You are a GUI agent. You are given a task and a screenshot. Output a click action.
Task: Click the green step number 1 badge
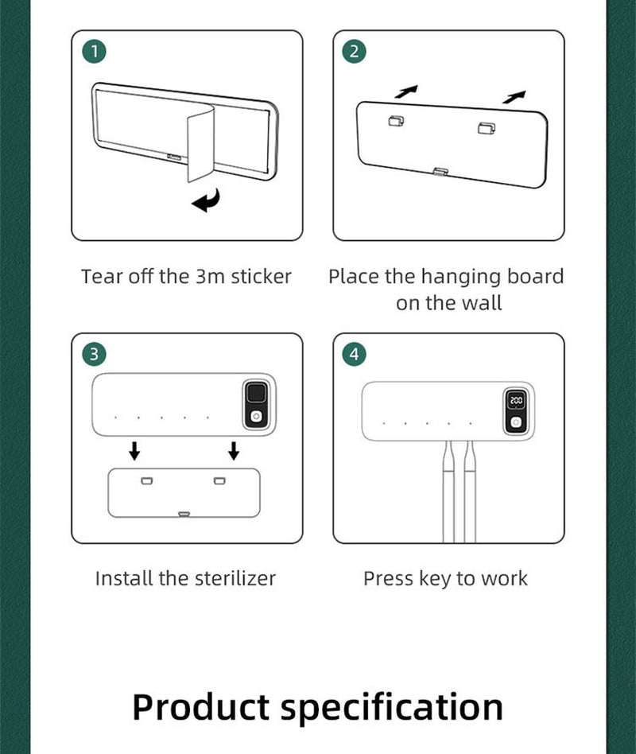tap(95, 52)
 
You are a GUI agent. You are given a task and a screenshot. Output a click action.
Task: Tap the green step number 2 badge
tap(355, 52)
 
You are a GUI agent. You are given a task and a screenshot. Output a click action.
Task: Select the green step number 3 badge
tap(95, 354)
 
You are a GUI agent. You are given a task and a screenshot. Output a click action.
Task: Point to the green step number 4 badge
tap(355, 354)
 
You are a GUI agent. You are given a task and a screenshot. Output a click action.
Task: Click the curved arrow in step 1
tap(207, 202)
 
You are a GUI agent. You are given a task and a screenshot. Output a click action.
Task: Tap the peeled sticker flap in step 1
tap(200, 144)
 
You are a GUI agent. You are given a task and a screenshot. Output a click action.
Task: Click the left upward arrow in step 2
tap(406, 91)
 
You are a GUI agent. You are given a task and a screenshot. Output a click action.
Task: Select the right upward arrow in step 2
tap(514, 97)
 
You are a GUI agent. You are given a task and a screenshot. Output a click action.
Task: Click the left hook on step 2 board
tap(396, 121)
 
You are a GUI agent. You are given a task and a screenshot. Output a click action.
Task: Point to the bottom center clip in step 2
tap(440, 171)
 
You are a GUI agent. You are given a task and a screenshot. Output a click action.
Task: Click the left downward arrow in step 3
tap(134, 451)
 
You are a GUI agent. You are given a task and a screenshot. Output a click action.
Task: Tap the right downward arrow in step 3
tap(234, 451)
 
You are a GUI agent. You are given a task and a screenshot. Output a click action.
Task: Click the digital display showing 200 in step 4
tap(516, 400)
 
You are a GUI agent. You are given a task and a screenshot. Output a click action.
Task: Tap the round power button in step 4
tap(516, 422)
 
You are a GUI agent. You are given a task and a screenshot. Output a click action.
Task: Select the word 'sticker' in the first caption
tap(261, 277)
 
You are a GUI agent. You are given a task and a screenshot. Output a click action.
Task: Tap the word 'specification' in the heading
tap(391, 707)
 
